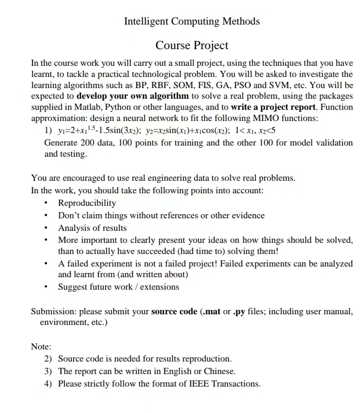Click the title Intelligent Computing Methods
(192, 21)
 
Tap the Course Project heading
(192, 45)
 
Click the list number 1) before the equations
(48, 130)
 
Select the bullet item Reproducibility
(87, 203)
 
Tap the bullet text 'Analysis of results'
(92, 228)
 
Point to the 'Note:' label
(41, 347)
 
